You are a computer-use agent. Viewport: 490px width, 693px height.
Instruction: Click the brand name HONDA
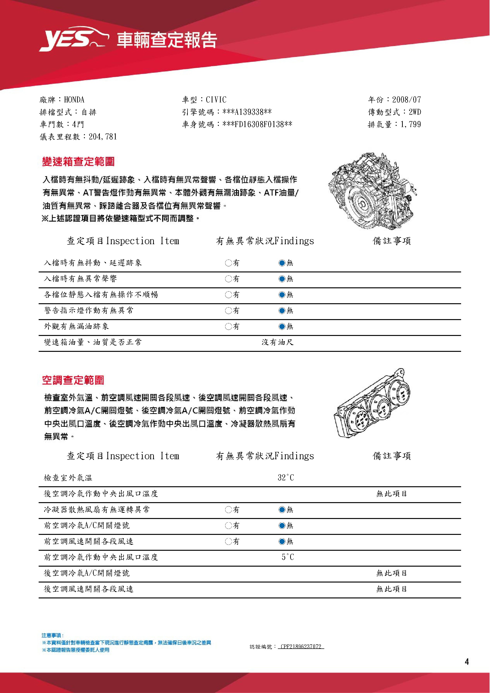74,100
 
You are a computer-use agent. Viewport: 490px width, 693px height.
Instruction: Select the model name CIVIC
216,100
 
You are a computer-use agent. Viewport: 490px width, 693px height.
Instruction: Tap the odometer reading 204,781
103,137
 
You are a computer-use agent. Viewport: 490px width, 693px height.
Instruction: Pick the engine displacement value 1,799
411,124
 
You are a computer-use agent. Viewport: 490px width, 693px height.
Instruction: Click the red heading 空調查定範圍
73,380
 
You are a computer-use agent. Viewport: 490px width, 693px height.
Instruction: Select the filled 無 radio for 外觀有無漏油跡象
282,326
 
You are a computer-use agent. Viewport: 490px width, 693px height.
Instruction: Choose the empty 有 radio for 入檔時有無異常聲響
228,279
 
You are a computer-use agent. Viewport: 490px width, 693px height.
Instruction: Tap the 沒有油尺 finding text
278,342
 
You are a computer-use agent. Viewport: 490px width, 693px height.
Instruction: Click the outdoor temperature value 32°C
286,478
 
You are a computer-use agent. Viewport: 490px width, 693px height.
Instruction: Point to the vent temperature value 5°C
288,557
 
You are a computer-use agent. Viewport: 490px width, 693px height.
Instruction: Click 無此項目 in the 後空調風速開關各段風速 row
392,589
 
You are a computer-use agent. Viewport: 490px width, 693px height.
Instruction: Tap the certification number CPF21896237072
301,647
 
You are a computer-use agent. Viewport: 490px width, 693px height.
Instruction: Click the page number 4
467,662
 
